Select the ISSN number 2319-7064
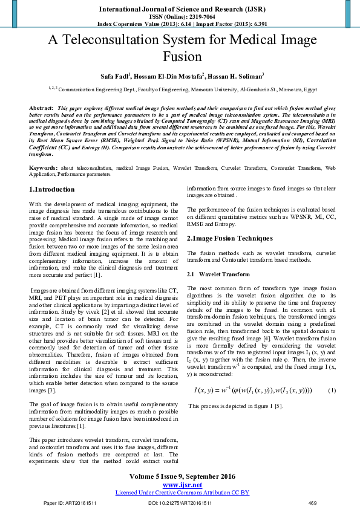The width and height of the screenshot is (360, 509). (199, 17)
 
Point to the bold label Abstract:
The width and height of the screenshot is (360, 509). (42, 107)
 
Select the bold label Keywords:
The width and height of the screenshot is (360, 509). (44, 166)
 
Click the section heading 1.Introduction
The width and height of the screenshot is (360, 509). (52, 190)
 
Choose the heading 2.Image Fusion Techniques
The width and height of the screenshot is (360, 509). (230, 238)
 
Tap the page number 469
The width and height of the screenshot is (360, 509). (313, 503)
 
